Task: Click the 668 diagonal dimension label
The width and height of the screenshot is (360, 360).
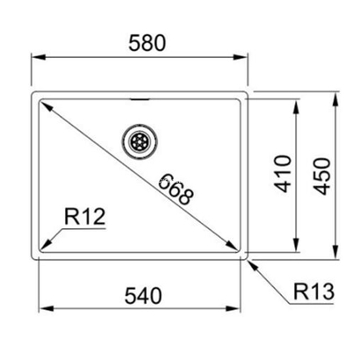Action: point(176,190)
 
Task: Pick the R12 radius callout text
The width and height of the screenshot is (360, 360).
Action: point(85,216)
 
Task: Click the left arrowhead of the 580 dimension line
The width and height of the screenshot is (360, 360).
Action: point(37,57)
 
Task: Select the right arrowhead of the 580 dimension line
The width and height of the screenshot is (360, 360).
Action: point(244,57)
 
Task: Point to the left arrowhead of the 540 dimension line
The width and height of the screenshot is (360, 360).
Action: point(46,309)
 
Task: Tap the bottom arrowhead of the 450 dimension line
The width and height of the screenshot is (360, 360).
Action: point(338,256)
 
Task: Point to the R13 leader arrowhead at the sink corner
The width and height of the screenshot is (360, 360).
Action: point(252,263)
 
